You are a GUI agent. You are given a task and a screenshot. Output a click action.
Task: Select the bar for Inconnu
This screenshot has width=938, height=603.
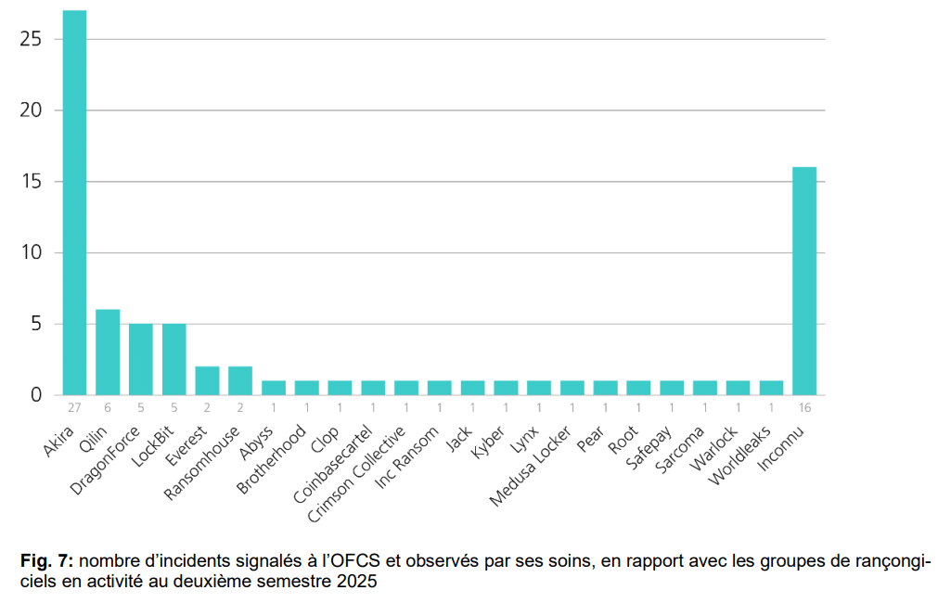tap(804, 281)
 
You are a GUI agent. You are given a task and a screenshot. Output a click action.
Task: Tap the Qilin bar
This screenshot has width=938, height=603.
tap(108, 352)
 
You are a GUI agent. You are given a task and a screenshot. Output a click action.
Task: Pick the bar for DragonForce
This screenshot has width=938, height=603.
tap(141, 359)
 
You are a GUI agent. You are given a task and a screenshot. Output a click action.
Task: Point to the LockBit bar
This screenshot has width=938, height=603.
tap(174, 359)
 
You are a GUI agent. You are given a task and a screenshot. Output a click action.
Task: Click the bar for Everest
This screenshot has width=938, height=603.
tap(207, 380)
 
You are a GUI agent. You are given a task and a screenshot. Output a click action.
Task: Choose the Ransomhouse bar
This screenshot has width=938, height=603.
tap(240, 380)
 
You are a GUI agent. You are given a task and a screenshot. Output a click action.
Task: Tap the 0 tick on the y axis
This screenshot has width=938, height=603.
tap(36, 395)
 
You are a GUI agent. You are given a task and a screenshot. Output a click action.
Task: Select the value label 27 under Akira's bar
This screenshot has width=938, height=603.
tap(74, 408)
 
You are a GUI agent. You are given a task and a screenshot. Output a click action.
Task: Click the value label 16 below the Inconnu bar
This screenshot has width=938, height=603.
tap(804, 408)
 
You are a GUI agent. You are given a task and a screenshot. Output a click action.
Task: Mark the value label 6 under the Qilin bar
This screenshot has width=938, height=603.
tap(108, 408)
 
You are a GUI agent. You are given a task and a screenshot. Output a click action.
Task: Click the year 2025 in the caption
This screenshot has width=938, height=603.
tap(359, 582)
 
